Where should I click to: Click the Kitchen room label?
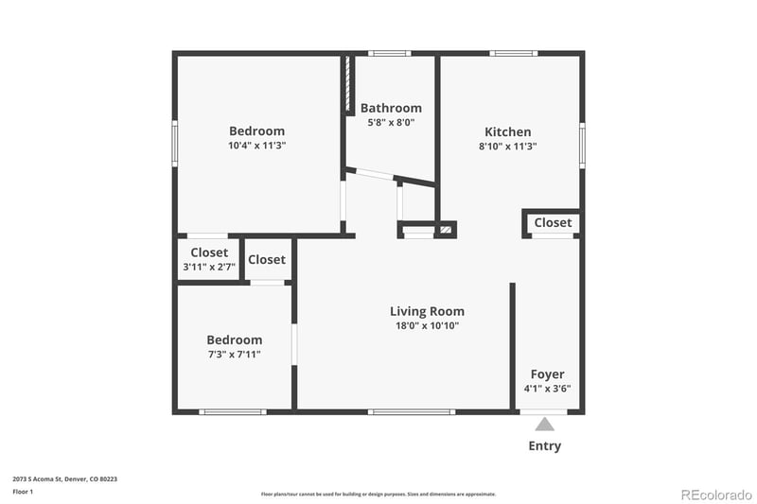point(508,132)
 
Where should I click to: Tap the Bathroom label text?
point(391,108)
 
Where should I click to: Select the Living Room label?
point(428,311)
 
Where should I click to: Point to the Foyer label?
point(547,374)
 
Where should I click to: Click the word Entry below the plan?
point(545,446)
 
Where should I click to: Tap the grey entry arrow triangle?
point(545,425)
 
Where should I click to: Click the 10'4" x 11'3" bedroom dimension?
point(256,146)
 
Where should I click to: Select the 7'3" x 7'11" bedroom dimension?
point(234,355)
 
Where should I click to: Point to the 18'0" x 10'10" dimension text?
point(428,325)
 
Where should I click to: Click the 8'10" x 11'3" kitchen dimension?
point(508,147)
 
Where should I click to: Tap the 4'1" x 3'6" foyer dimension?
point(547,388)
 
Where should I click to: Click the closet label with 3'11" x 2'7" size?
point(209,252)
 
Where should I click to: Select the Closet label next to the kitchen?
point(553,222)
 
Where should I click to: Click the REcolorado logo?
point(716,494)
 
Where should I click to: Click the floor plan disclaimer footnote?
point(378,494)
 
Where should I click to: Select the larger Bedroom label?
point(256,131)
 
